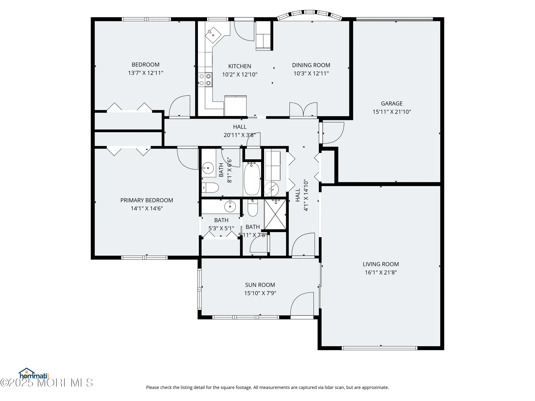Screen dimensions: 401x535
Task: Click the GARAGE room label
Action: pyautogui.click(x=392, y=103)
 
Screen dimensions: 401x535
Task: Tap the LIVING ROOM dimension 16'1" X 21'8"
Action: pyautogui.click(x=381, y=272)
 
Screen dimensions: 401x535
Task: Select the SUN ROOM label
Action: pyautogui.click(x=260, y=285)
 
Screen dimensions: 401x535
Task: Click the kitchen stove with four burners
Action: pyautogui.click(x=205, y=80)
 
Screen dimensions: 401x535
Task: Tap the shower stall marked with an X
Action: pyautogui.click(x=275, y=214)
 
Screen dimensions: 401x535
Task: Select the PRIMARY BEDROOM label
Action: pyautogui.click(x=147, y=200)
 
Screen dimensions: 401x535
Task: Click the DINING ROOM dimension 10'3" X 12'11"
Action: pyautogui.click(x=311, y=74)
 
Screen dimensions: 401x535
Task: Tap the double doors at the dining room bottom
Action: pyautogui.click(x=303, y=110)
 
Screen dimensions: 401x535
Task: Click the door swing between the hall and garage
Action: pyautogui.click(x=333, y=133)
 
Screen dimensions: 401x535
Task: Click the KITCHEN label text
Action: pyautogui.click(x=239, y=66)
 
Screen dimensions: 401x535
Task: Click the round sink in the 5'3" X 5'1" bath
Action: pyautogui.click(x=230, y=206)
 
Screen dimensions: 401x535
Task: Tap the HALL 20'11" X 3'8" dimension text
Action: pyautogui.click(x=239, y=135)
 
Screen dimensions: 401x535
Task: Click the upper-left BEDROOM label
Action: pyautogui.click(x=146, y=65)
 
